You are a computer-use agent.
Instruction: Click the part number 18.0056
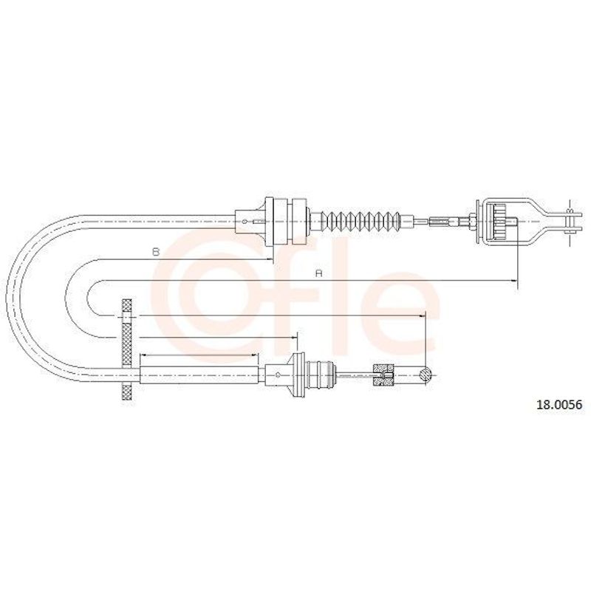(559, 405)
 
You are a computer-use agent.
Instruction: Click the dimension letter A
(319, 273)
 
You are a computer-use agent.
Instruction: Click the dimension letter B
(156, 252)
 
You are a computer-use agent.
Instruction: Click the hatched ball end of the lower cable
(426, 375)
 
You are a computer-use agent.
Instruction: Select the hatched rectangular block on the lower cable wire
(383, 375)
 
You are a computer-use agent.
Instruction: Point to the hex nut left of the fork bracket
(471, 221)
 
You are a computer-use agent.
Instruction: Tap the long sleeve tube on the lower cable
(199, 375)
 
